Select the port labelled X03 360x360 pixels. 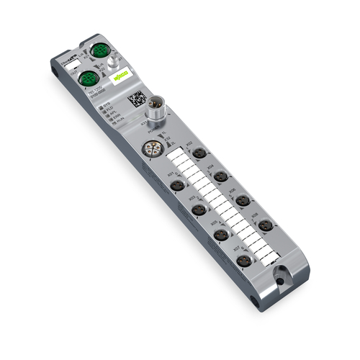point(199,210)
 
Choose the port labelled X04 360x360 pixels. point(222,176)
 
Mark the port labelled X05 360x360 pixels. point(222,235)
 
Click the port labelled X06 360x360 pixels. point(243,200)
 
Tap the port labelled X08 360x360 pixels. point(266,225)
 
